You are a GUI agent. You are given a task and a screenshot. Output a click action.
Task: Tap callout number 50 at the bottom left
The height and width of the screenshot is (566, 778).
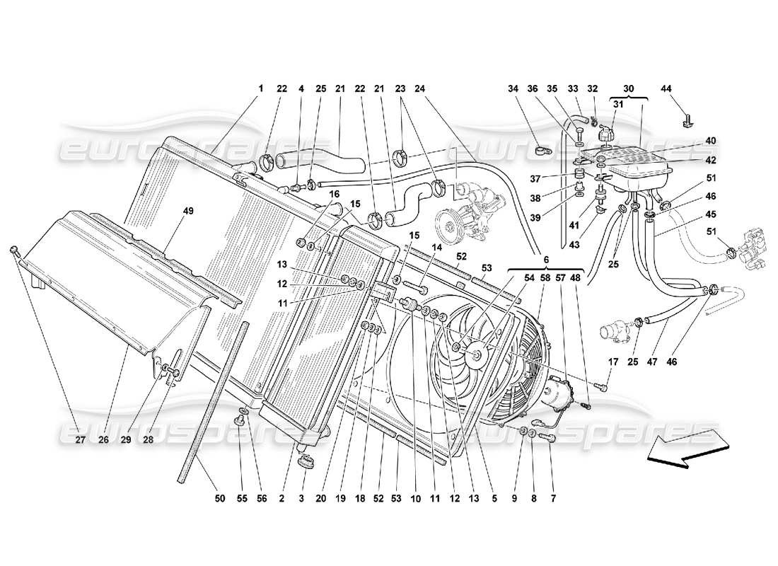pyautogui.click(x=220, y=499)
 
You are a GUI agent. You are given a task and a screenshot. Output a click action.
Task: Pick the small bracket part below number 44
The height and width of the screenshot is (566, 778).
pyautogui.click(x=688, y=121)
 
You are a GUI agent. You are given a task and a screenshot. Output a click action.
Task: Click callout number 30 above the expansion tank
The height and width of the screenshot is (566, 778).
pyautogui.click(x=629, y=88)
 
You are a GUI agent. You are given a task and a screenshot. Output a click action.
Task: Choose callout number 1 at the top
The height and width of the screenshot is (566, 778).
pyautogui.click(x=260, y=88)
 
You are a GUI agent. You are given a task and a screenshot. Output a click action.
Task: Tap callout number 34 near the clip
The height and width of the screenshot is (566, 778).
pyautogui.click(x=513, y=88)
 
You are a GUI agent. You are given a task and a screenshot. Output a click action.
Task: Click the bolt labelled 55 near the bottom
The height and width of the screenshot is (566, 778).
pyautogui.click(x=239, y=423)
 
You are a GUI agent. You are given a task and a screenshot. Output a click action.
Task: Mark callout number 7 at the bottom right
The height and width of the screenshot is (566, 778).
pyautogui.click(x=552, y=499)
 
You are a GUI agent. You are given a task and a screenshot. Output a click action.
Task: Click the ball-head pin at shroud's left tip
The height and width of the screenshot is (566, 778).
pyautogui.click(x=13, y=249)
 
